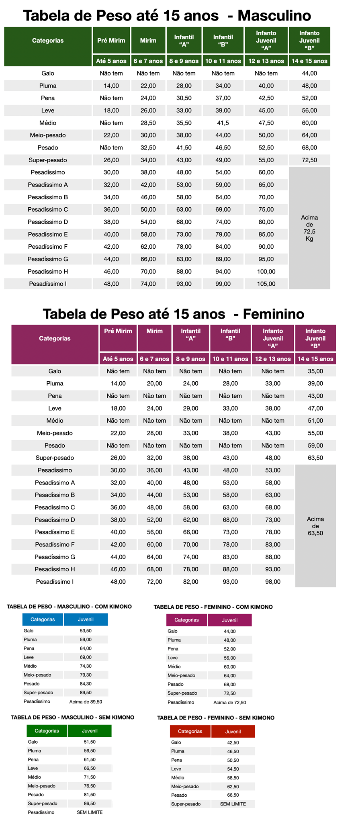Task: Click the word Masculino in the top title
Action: click(x=274, y=16)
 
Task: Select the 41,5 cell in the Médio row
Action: click(x=223, y=123)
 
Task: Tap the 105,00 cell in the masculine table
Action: click(x=266, y=284)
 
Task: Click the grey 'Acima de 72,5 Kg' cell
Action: click(x=309, y=228)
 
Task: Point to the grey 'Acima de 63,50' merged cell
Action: click(x=315, y=526)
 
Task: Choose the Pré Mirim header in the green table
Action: click(x=111, y=41)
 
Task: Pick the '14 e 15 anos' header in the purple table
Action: click(x=315, y=359)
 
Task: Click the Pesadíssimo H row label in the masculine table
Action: click(x=48, y=272)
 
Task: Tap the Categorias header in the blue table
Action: click(x=43, y=620)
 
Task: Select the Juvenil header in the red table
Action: click(x=233, y=732)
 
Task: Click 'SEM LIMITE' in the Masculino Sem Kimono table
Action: click(x=90, y=812)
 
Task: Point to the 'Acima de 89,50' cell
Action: click(x=86, y=701)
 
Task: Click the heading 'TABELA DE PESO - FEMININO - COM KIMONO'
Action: click(x=213, y=607)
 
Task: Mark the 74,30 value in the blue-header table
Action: click(x=86, y=666)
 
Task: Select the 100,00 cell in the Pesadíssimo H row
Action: click(x=266, y=272)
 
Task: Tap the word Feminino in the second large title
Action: click(x=274, y=314)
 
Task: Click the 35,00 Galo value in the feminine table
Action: click(x=315, y=371)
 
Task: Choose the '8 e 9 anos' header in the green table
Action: click(x=184, y=61)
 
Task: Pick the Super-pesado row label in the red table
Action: click(x=186, y=804)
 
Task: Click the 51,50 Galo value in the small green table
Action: click(x=90, y=742)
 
